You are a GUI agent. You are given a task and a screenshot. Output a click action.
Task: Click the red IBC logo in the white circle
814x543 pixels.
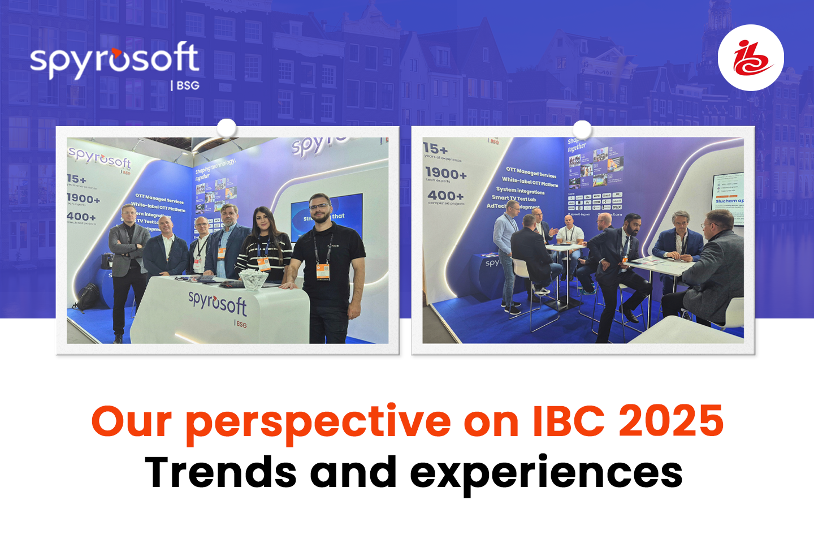tap(751, 58)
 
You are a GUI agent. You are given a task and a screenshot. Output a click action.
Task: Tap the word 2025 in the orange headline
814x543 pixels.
tap(671, 421)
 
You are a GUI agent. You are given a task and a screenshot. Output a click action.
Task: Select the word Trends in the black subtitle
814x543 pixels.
tap(220, 472)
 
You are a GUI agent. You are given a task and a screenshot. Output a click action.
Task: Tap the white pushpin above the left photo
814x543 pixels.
tap(227, 128)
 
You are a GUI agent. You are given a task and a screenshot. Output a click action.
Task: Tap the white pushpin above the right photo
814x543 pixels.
tap(582, 130)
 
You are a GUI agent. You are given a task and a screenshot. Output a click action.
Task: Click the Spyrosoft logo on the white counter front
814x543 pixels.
tap(218, 304)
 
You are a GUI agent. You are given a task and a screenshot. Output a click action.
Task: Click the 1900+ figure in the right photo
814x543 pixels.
tap(446, 173)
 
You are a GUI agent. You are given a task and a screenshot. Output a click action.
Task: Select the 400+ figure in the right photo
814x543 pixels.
tap(445, 196)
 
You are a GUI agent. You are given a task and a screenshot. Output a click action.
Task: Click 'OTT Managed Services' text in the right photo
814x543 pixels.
tap(531, 172)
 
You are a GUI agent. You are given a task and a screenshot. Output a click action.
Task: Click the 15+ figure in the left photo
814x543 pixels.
tap(76, 179)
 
